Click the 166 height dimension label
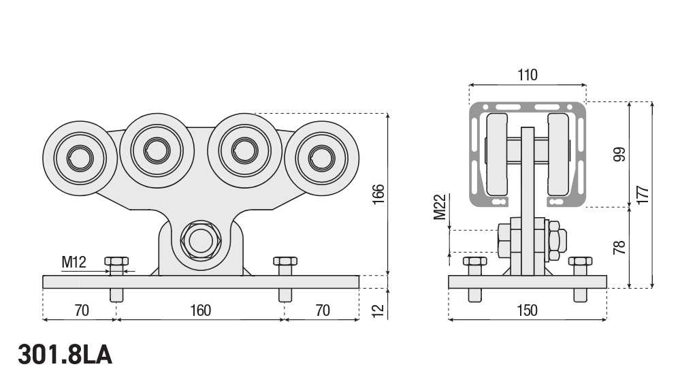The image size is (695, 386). (x=378, y=195)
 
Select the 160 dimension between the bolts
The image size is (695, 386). (x=200, y=310)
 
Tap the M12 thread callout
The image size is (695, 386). (x=74, y=262)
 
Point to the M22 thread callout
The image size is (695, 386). (x=440, y=207)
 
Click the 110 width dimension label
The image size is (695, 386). (x=528, y=75)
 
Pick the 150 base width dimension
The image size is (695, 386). (x=527, y=310)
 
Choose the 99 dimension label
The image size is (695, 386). (x=619, y=155)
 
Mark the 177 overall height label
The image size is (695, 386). (x=643, y=195)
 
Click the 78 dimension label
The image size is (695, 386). (x=619, y=247)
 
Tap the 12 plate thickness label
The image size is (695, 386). (x=378, y=310)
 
